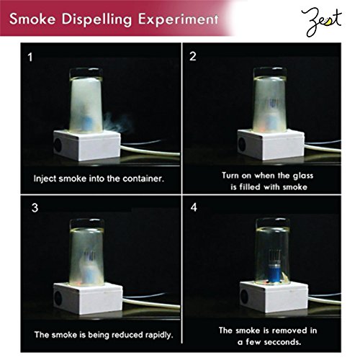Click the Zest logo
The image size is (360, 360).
[x=322, y=22]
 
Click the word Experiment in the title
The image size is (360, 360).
[x=178, y=19]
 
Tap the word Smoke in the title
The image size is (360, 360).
[x=32, y=19]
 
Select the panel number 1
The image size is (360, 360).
[x=30, y=58]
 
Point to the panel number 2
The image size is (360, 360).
[x=193, y=56]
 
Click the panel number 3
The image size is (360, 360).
[x=35, y=208]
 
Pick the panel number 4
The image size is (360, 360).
[x=194, y=207]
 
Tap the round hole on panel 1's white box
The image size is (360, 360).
[x=58, y=145]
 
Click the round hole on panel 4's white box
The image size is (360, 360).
[x=244, y=297]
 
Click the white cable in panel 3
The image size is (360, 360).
[x=151, y=303]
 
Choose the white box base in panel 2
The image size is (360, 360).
[x=271, y=145]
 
